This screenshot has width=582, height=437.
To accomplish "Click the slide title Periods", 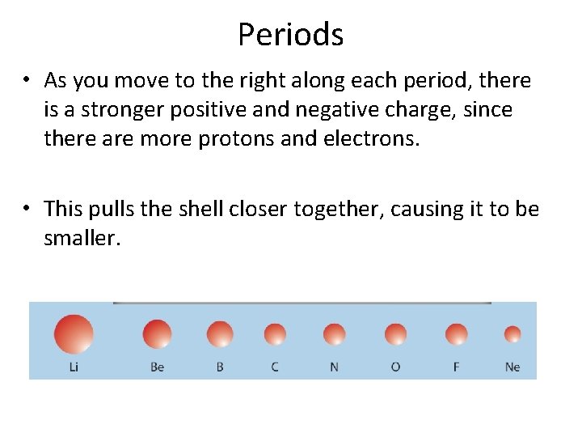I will [290, 34].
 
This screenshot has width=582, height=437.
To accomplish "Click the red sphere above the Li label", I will [74, 334].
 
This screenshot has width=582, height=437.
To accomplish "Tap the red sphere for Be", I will [157, 334].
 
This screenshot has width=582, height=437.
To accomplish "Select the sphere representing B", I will [220, 334].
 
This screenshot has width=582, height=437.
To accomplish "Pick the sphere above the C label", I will [275, 334].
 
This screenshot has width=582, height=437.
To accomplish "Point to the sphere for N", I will [334, 334].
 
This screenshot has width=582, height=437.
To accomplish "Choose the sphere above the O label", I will [395, 334].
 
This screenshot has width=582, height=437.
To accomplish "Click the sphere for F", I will [457, 334].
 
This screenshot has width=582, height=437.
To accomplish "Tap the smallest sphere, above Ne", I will [512, 334].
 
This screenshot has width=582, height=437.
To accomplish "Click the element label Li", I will [74, 367].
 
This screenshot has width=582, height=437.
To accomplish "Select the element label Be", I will [157, 367].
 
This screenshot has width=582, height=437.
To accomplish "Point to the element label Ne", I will [512, 367].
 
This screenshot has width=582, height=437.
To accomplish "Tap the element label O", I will [395, 367].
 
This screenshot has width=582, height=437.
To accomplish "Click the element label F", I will [457, 367].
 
